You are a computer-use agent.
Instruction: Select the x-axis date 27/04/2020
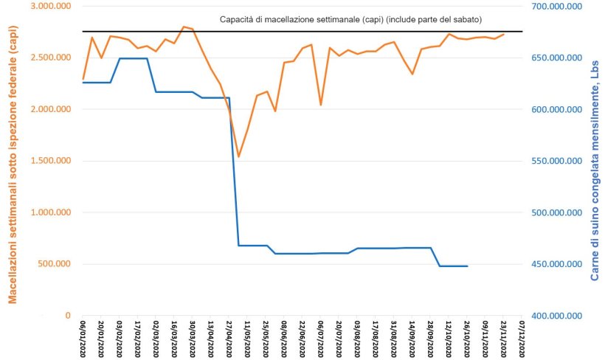click(x=229, y=339)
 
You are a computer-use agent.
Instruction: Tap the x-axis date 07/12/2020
click(x=522, y=339)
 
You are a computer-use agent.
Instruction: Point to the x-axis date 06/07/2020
click(x=320, y=339)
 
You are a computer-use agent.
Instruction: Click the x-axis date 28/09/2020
click(x=430, y=339)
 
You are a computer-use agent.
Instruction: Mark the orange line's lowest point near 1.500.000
click(x=238, y=156)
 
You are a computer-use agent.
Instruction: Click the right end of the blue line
click(x=467, y=266)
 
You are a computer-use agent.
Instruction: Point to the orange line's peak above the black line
click(x=183, y=27)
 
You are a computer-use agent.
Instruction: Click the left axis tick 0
click(x=68, y=316)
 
